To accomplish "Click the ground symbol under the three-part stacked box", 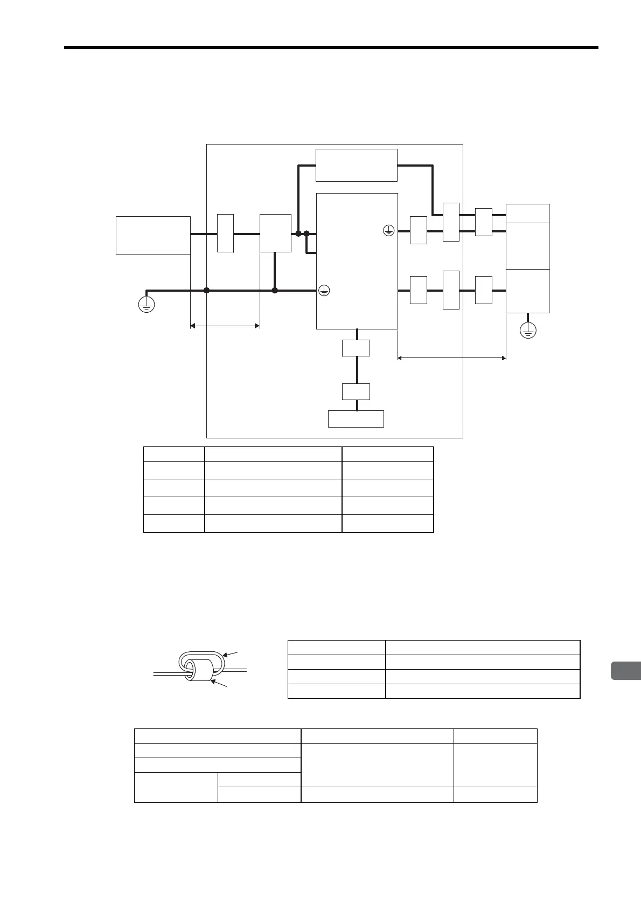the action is tap(528, 330).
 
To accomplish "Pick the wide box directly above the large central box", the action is tap(356, 166).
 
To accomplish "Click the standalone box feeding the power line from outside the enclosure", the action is tap(153, 235).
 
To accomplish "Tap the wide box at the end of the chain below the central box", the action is tap(356, 418).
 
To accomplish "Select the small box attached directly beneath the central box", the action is tap(356, 348).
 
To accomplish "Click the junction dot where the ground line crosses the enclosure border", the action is tap(207, 290).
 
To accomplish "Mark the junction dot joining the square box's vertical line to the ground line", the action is tap(275, 290).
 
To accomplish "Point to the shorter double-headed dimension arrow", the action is tap(225, 326).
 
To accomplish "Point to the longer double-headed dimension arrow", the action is tap(451, 357).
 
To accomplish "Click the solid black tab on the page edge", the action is tap(626, 670).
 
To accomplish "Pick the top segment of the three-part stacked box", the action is tap(528, 213).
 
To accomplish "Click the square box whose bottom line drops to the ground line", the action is tap(275, 233).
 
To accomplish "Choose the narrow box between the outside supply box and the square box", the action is tap(225, 233).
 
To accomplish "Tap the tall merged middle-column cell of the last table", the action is tap(377, 765).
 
